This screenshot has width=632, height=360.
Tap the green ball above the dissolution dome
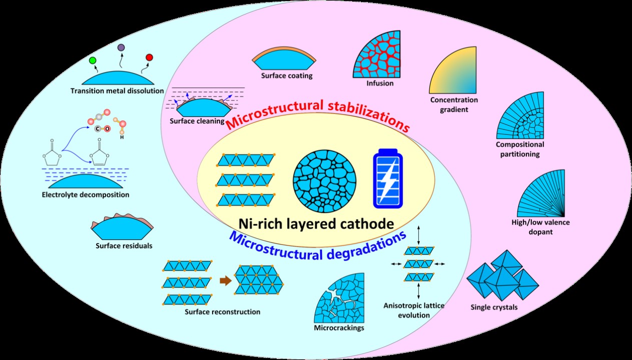(x=93, y=60)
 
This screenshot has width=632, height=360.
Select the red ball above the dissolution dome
(x=149, y=57)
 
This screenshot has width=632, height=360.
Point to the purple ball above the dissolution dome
(x=121, y=47)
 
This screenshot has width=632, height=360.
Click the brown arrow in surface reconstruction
(x=226, y=281)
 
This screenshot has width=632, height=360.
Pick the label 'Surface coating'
(x=286, y=76)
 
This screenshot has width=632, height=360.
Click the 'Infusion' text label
(x=380, y=83)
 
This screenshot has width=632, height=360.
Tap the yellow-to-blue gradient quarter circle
(x=452, y=70)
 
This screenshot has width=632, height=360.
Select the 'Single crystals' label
(x=494, y=307)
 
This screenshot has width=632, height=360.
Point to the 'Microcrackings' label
(x=339, y=328)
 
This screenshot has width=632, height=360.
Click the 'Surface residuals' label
(x=124, y=245)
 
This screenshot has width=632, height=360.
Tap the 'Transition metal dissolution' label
(x=117, y=90)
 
